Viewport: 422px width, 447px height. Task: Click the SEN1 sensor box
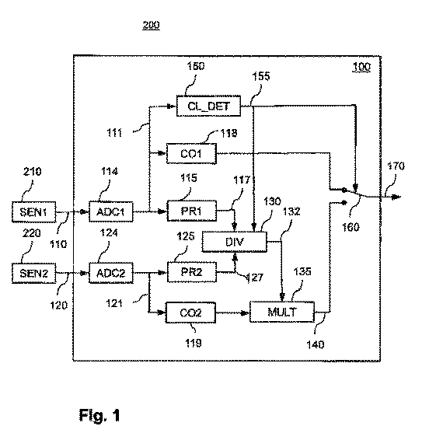pyautogui.click(x=34, y=211)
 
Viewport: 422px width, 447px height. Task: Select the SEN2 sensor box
pyautogui.click(x=34, y=273)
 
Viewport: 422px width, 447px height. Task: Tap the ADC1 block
pyautogui.click(x=111, y=211)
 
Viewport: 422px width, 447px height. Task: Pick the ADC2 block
pyautogui.click(x=111, y=273)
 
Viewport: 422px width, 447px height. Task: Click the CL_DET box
pyautogui.click(x=208, y=106)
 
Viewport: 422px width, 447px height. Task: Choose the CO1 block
pyautogui.click(x=191, y=154)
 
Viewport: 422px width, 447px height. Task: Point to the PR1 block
pyautogui.click(x=192, y=211)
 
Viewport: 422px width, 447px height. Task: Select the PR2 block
pyautogui.click(x=192, y=272)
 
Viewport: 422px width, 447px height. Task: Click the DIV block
pyautogui.click(x=235, y=242)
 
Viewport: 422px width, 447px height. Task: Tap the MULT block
pyautogui.click(x=282, y=312)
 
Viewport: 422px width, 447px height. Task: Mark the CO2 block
pyautogui.click(x=190, y=313)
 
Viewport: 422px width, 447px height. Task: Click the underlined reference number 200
pyautogui.click(x=151, y=26)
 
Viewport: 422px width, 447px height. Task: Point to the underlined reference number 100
pyautogui.click(x=361, y=67)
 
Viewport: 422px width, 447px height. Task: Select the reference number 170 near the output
pyautogui.click(x=396, y=166)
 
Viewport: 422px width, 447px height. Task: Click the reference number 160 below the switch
pyautogui.click(x=351, y=227)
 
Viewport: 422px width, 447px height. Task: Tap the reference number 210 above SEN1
pyautogui.click(x=32, y=172)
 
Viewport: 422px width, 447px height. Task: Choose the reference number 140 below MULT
pyautogui.click(x=316, y=345)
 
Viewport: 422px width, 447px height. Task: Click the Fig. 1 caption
pyautogui.click(x=99, y=415)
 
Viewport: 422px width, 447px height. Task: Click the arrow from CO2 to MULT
pyautogui.click(x=232, y=313)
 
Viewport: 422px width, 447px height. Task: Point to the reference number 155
pyautogui.click(x=261, y=76)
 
